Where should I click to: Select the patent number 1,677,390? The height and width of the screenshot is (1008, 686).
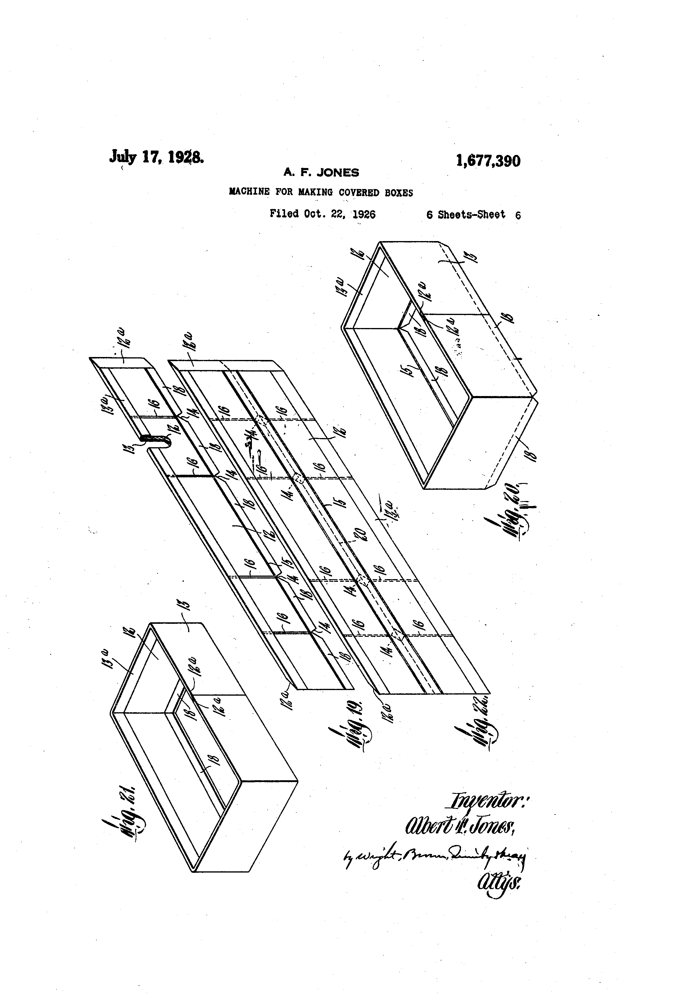point(488,161)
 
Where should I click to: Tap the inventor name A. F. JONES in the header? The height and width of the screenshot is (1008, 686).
point(321,173)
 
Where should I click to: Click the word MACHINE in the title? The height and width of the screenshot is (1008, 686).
point(249,192)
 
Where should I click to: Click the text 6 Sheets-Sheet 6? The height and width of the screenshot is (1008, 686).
point(473,215)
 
